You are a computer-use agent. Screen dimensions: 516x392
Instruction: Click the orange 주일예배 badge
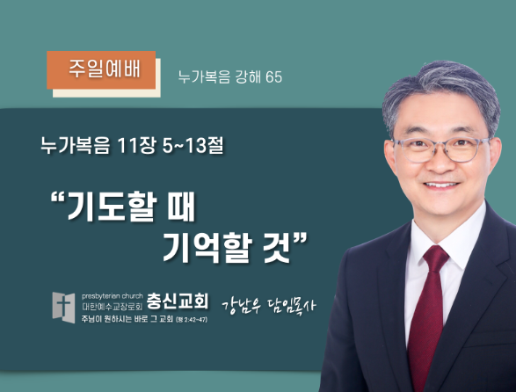tap(101, 69)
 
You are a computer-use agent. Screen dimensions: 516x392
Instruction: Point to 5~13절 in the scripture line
tap(193, 145)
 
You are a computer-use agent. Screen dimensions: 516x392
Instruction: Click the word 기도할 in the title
tap(110, 207)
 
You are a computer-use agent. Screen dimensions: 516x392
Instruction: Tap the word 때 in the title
tap(181, 207)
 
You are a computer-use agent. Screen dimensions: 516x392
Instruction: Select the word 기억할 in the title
tap(207, 248)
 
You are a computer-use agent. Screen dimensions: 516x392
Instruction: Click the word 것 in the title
tap(277, 248)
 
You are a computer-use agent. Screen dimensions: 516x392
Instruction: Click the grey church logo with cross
tap(64, 308)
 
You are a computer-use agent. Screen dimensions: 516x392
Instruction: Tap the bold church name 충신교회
tap(178, 301)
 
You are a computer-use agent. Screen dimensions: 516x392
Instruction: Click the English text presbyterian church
tap(113, 296)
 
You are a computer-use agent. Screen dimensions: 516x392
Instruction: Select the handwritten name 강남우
tap(242, 306)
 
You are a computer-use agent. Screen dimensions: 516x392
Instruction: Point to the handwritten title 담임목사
tap(291, 306)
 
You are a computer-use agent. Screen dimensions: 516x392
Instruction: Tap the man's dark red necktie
tap(428, 316)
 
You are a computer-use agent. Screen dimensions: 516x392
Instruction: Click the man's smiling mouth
tap(441, 185)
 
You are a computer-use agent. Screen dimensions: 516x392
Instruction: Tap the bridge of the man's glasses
tap(440, 143)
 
